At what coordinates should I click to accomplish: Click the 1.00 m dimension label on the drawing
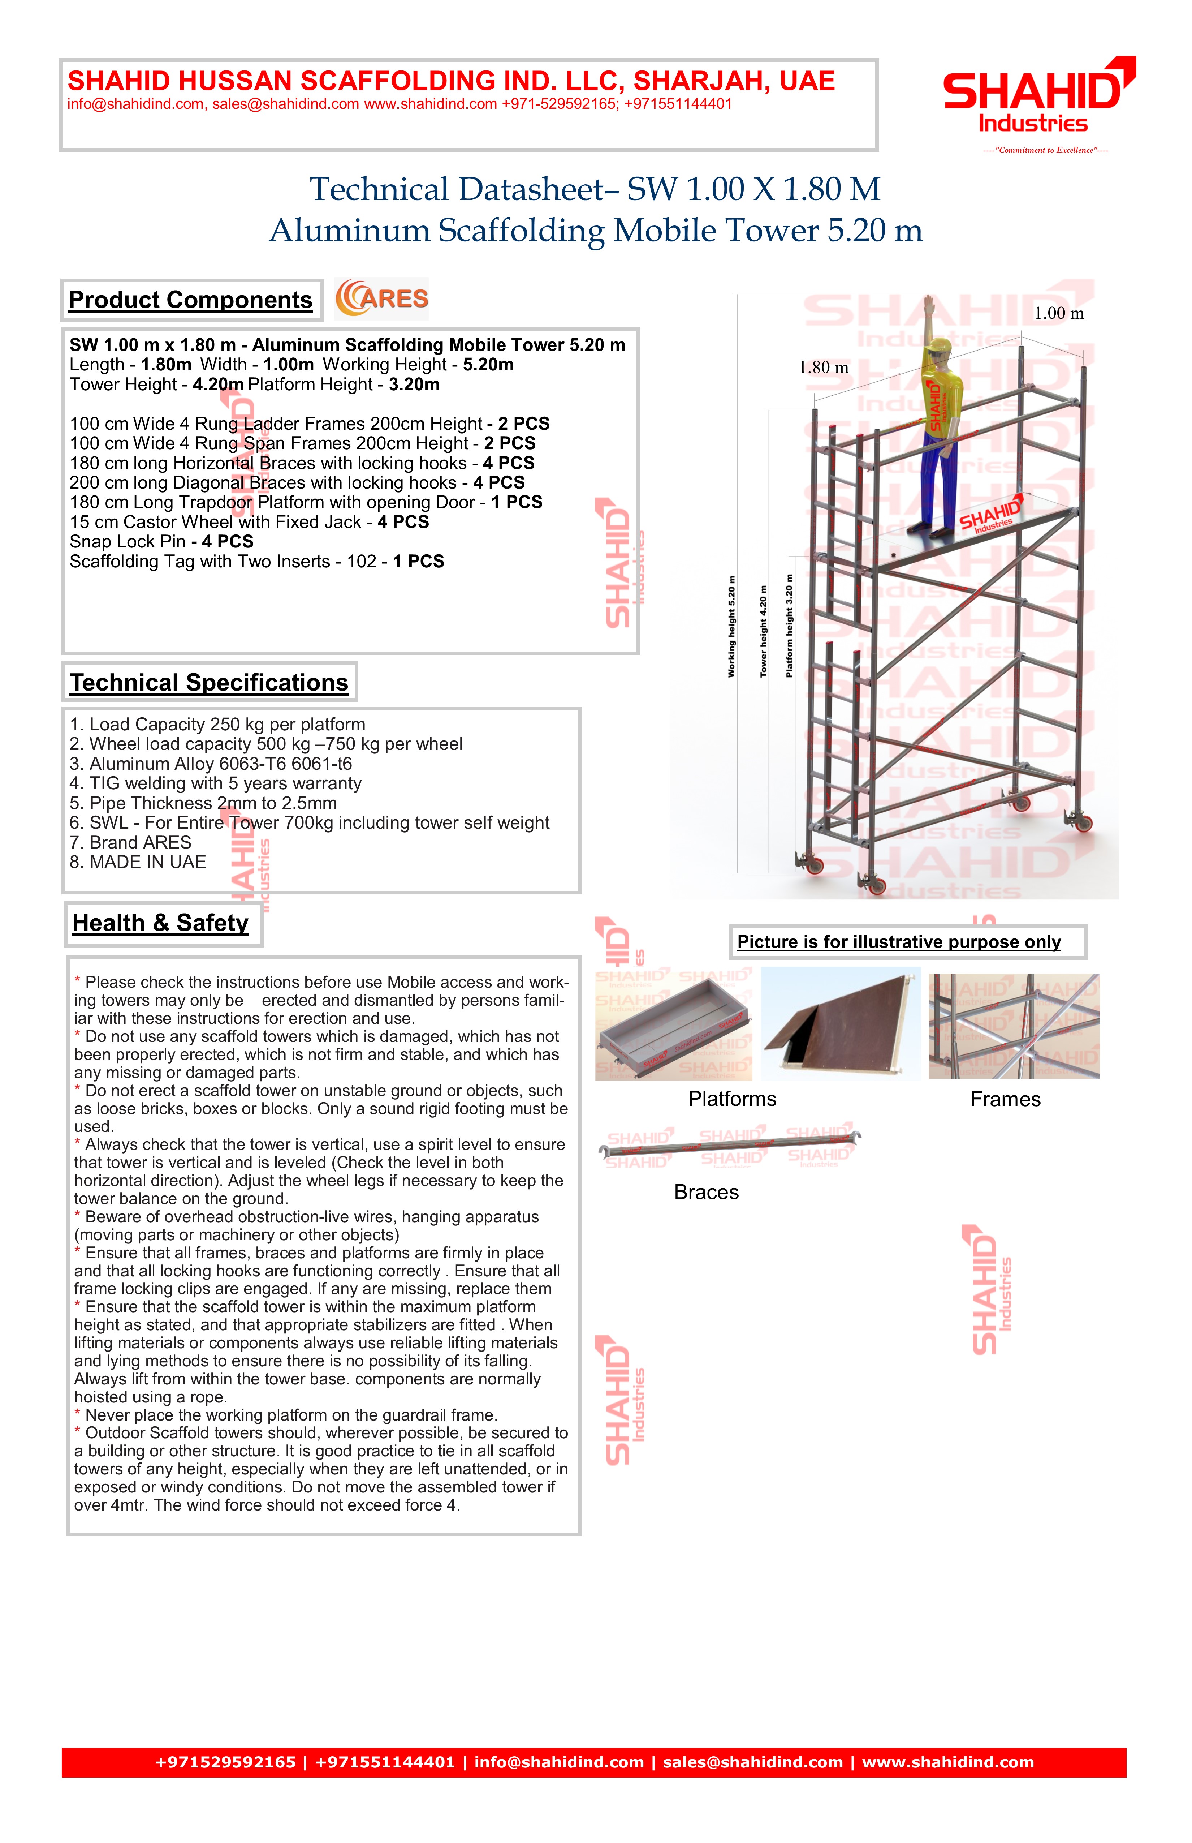pos(1059,314)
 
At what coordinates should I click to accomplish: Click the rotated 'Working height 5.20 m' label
pos(731,627)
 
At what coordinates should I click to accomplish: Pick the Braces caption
pos(706,1193)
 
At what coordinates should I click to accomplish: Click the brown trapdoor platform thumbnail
pos(841,1024)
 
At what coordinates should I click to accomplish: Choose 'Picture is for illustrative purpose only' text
pos(899,942)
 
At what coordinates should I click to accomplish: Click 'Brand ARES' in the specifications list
pos(130,842)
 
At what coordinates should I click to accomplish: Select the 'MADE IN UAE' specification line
pos(138,863)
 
